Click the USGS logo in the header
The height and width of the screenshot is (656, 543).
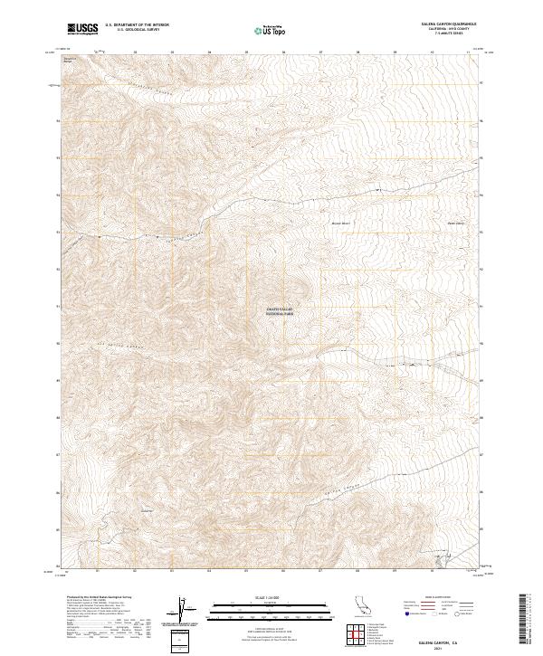point(83,30)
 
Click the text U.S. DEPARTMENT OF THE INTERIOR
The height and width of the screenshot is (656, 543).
point(137,25)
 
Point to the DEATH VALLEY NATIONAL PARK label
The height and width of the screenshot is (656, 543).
point(280,311)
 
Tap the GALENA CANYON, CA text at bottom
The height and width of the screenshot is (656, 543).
point(443,640)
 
